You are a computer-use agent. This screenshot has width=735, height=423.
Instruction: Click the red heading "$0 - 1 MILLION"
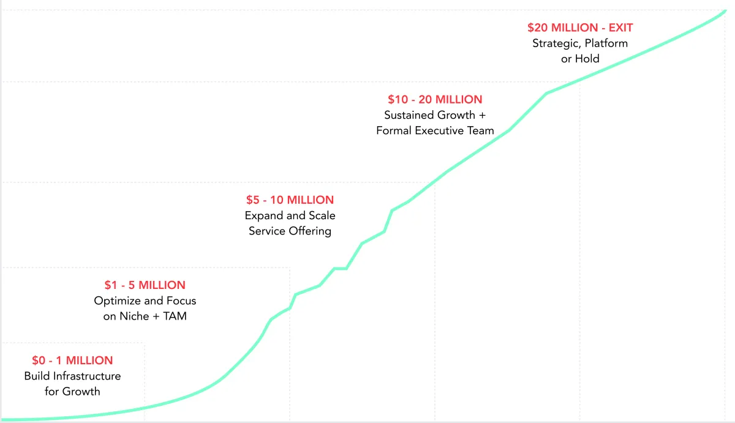(72, 361)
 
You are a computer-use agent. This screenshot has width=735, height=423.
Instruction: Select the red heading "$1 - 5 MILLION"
(145, 285)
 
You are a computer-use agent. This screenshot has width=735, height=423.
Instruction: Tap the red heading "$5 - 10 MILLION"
(290, 200)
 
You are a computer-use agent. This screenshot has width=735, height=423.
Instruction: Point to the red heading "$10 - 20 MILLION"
(435, 99)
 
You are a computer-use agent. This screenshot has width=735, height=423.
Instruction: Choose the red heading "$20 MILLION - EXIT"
(580, 28)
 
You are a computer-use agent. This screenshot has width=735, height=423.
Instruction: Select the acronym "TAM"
(175, 316)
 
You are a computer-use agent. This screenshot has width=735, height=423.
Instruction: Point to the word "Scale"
(321, 215)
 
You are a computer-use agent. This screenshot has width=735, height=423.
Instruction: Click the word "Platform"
(606, 43)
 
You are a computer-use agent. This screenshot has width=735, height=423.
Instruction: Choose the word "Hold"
(587, 59)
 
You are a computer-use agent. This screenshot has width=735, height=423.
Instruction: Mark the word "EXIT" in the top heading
(620, 28)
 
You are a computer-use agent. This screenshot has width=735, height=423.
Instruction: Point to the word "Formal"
(394, 130)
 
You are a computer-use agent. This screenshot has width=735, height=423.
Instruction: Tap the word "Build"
(37, 376)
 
